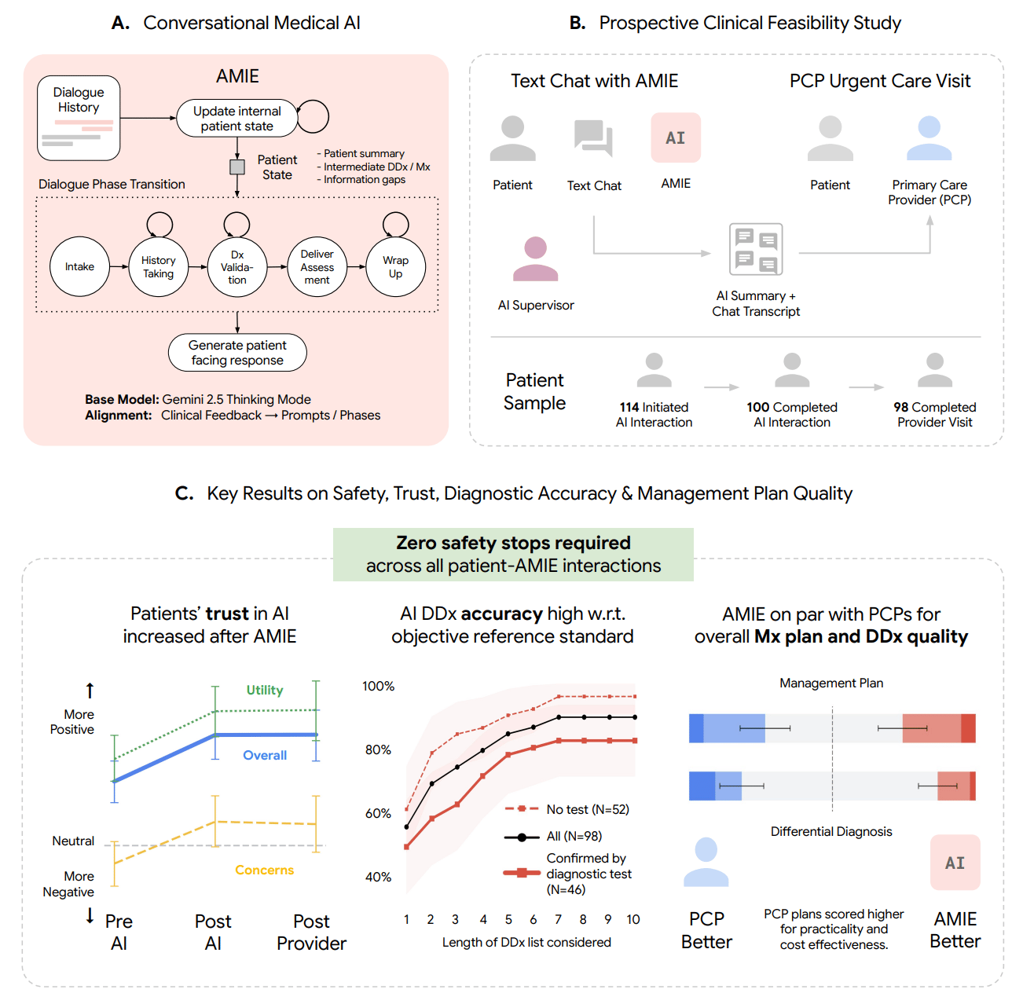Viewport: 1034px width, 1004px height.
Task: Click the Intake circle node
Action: [x=79, y=267]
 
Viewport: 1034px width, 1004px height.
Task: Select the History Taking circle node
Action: [x=159, y=267]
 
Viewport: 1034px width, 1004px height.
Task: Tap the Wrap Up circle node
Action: [x=395, y=267]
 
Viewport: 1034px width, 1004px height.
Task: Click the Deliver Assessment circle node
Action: [x=317, y=267]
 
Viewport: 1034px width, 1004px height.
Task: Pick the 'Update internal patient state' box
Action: [x=236, y=119]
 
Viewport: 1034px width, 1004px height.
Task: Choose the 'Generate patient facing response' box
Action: [x=237, y=353]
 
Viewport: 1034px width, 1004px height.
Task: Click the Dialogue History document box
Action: [x=79, y=119]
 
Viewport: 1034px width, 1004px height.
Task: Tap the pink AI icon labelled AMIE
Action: [x=676, y=138]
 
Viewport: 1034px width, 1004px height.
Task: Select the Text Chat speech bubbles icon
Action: [x=593, y=138]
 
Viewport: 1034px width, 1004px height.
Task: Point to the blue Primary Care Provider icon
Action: [x=929, y=138]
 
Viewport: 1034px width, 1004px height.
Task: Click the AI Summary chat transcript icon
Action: [x=756, y=250]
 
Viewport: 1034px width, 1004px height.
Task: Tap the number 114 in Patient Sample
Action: [x=629, y=407]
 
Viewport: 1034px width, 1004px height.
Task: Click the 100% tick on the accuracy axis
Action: [x=378, y=687]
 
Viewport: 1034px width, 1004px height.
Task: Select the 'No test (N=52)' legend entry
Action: [x=587, y=809]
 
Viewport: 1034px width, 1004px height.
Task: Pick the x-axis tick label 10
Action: [x=633, y=919]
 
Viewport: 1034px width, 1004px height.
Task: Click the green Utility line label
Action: [x=265, y=690]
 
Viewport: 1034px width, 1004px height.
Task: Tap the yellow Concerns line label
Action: [x=264, y=870]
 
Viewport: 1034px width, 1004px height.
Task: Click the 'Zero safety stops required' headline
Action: [x=513, y=543]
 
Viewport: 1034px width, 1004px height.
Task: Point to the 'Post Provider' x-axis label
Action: [x=311, y=933]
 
